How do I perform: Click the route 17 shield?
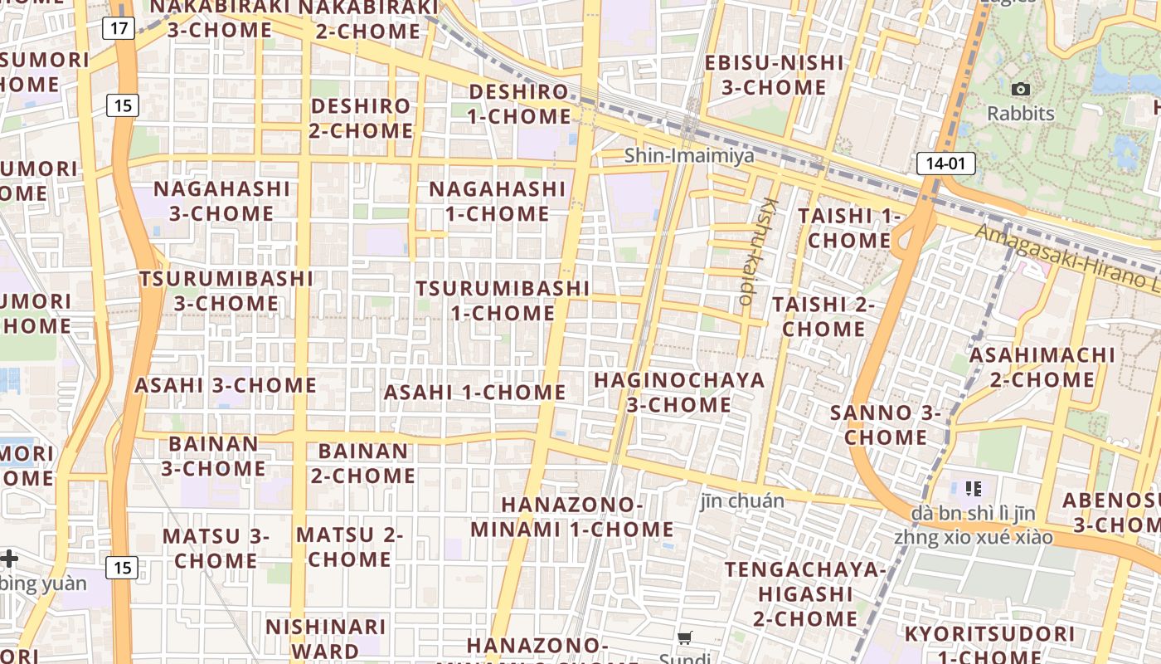pyautogui.click(x=119, y=28)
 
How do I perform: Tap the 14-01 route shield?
pyautogui.click(x=945, y=164)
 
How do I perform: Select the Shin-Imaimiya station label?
pyautogui.click(x=689, y=155)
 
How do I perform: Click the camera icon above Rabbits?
pyautogui.click(x=1021, y=89)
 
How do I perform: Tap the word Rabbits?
pyautogui.click(x=1020, y=114)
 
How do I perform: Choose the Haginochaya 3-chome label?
pyautogui.click(x=679, y=393)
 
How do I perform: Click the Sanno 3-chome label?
pyautogui.click(x=886, y=425)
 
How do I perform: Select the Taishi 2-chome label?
pyautogui.click(x=823, y=317)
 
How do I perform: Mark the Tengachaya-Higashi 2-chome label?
pyautogui.click(x=805, y=594)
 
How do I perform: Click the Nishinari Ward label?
pyautogui.click(x=325, y=638)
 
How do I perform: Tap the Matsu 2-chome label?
pyautogui.click(x=349, y=547)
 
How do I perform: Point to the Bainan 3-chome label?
pyautogui.click(x=213, y=456)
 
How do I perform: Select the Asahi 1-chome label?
pyautogui.click(x=475, y=392)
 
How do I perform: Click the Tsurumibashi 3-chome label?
pyautogui.click(x=226, y=290)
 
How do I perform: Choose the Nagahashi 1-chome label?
pyautogui.click(x=498, y=202)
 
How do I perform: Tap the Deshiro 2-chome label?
pyautogui.click(x=361, y=119)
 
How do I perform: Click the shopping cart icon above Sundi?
pyautogui.click(x=685, y=638)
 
